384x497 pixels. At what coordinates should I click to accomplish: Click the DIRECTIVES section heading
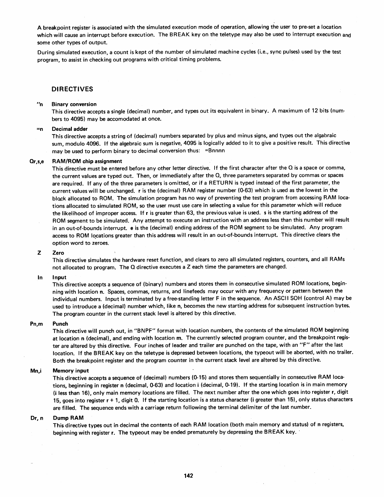click(x=72, y=89)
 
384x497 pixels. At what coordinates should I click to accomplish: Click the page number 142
click(x=188, y=476)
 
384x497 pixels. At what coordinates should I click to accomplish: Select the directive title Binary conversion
click(x=74, y=104)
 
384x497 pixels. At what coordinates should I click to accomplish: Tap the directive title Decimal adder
click(x=70, y=129)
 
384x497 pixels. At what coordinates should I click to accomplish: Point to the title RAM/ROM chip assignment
click(x=87, y=161)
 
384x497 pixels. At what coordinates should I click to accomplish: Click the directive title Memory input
click(x=71, y=371)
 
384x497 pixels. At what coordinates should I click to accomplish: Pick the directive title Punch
click(x=60, y=323)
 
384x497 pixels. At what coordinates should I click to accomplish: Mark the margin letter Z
click(x=39, y=253)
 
